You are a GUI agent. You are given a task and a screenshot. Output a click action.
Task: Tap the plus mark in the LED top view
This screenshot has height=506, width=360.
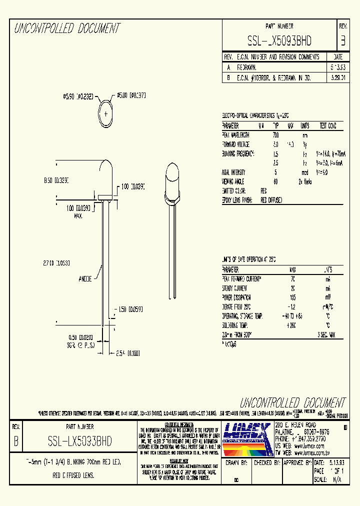tap(106, 113)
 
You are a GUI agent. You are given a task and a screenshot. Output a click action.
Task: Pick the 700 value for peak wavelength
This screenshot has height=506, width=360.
tap(275, 135)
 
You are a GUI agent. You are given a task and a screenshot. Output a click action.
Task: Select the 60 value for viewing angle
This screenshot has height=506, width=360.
tap(275, 181)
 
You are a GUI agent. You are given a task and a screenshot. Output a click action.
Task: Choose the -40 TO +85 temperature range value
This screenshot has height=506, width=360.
tap(292, 316)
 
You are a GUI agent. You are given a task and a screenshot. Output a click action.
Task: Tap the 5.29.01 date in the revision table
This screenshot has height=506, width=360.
tap(338, 78)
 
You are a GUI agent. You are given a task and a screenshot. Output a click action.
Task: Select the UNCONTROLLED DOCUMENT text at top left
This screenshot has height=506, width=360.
tap(67, 28)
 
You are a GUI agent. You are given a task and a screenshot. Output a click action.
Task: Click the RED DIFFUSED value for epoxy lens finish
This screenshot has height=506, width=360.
tap(271, 200)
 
